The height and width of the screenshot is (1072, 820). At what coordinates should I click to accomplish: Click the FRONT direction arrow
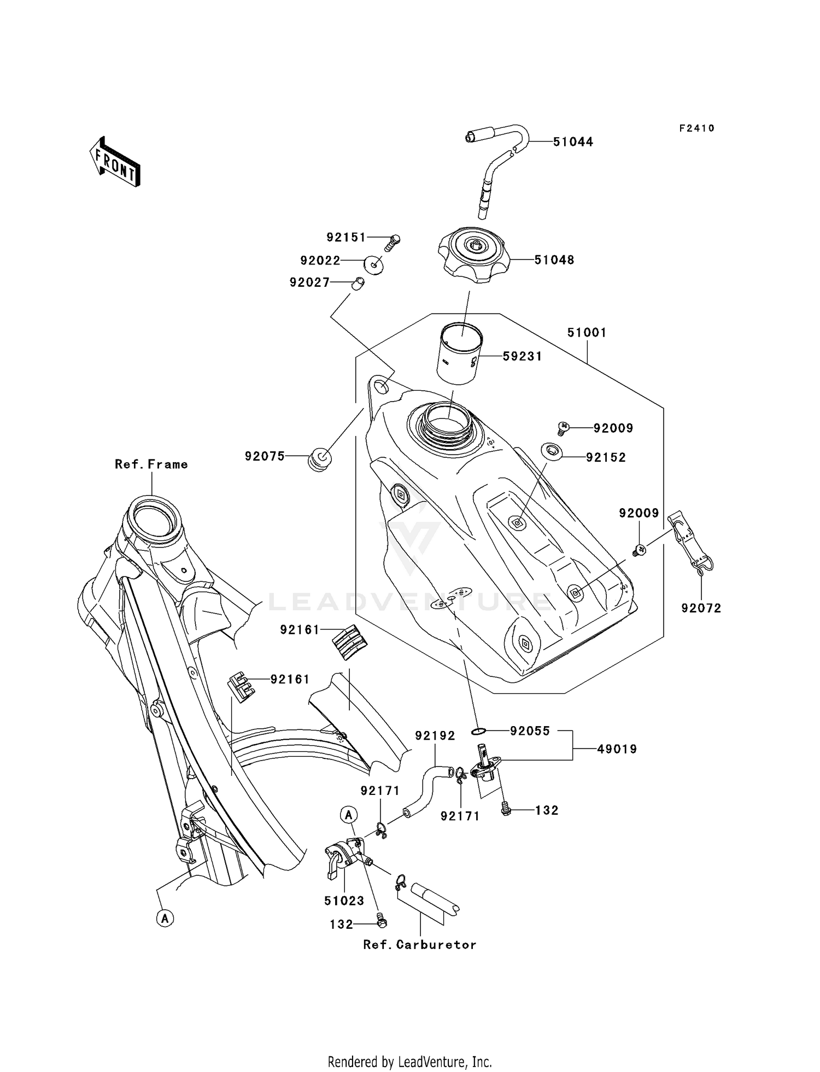[115, 163]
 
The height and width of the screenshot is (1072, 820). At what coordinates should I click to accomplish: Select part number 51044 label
[572, 142]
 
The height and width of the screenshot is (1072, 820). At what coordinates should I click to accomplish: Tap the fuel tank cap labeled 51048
[474, 256]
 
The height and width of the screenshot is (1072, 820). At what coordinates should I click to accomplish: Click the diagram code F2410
[696, 128]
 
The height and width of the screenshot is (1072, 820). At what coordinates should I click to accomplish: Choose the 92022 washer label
[320, 261]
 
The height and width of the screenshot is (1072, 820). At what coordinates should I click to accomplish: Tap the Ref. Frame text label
[151, 464]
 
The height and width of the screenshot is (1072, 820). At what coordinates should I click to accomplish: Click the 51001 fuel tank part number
[587, 333]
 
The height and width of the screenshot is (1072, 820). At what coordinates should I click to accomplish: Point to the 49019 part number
[617, 750]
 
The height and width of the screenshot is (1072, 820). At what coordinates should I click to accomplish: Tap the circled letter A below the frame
[165, 918]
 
